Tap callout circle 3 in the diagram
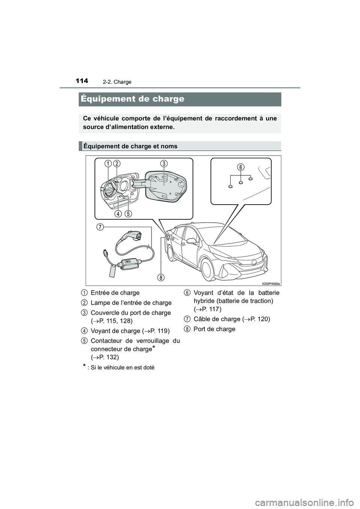click(x=164, y=163)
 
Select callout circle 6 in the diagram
click(x=241, y=166)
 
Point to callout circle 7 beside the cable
click(x=100, y=227)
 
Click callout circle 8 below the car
click(x=160, y=277)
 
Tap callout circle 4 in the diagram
click(x=118, y=214)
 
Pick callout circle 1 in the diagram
click(x=108, y=163)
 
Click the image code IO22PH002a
click(x=271, y=283)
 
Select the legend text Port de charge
click(x=214, y=329)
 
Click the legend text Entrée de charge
click(x=115, y=293)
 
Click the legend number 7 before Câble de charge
click(x=186, y=319)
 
